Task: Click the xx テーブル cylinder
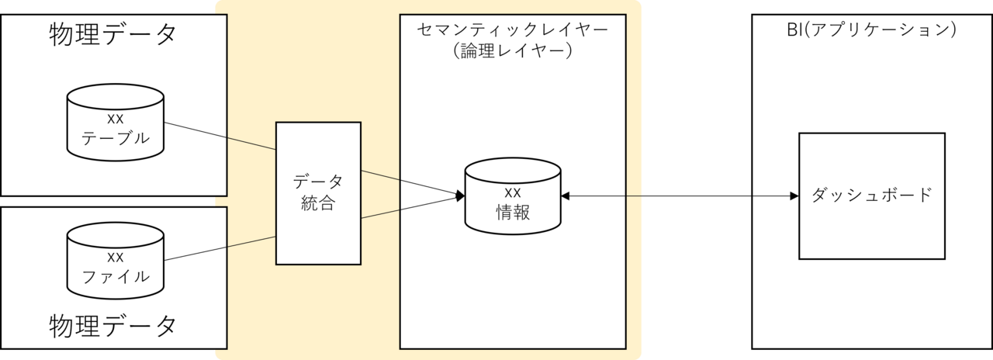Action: tap(115, 127)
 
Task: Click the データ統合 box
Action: tap(318, 192)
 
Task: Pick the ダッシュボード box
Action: tap(872, 196)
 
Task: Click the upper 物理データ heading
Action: tap(113, 35)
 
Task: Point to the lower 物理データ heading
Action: tap(113, 325)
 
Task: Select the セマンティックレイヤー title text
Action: tap(512, 31)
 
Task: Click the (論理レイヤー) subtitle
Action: tap(512, 53)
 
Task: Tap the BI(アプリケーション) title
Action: tap(872, 31)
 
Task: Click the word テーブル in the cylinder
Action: tap(115, 139)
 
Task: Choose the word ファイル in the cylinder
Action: tap(115, 277)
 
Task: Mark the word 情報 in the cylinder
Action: tap(512, 212)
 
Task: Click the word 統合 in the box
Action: tap(318, 204)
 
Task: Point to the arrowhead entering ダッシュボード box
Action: tap(794, 196)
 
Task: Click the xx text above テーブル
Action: tap(115, 119)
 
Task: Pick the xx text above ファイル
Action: tap(115, 258)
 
